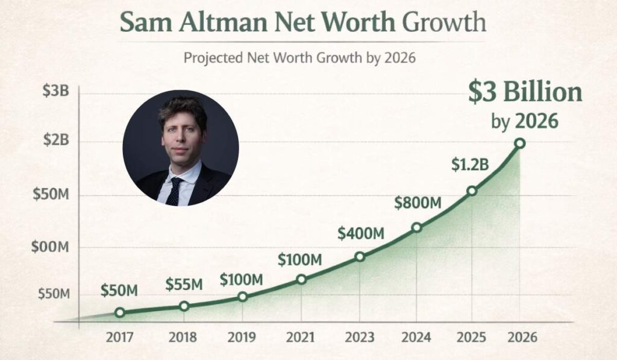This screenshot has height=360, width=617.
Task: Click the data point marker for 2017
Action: (120, 312)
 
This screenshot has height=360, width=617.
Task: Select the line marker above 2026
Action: (519, 143)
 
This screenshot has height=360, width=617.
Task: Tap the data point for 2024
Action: (416, 227)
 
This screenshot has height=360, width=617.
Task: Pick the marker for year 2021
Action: (301, 279)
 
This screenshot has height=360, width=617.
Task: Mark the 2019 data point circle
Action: (242, 297)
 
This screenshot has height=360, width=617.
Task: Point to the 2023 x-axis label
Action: (359, 336)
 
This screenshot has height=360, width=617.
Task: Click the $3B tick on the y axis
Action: (56, 92)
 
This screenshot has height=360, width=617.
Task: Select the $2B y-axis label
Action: (56, 141)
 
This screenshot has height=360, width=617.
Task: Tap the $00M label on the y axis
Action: (52, 247)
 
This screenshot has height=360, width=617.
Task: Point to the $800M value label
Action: (418, 203)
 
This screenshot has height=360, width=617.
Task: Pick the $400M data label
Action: (360, 233)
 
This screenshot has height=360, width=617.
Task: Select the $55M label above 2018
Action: (184, 284)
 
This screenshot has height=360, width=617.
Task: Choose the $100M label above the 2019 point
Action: (241, 279)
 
